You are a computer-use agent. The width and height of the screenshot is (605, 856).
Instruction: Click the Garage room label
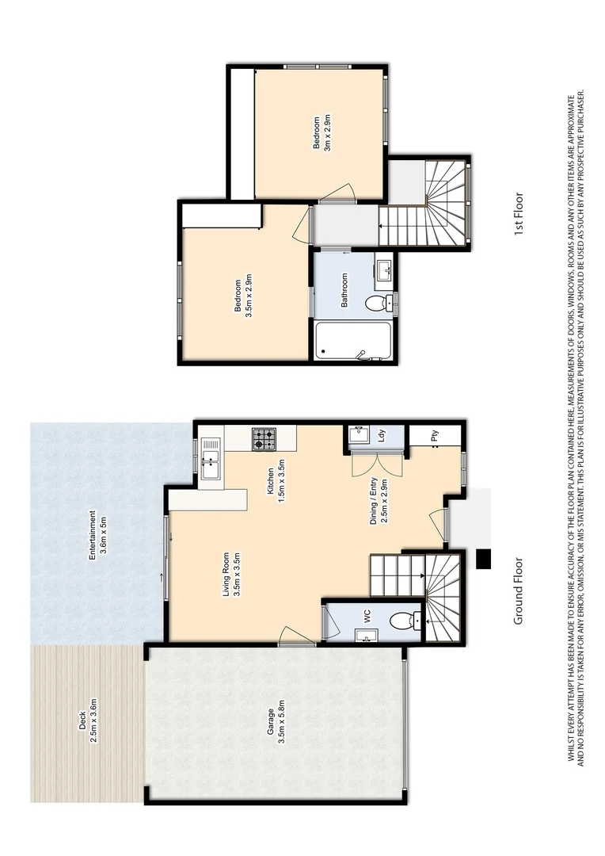pos(270,721)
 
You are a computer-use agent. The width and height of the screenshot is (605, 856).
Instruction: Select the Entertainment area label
pos(92,534)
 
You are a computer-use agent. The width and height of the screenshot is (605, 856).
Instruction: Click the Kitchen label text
pos(270,481)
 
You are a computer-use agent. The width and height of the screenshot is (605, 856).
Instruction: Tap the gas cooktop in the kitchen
pos(264,438)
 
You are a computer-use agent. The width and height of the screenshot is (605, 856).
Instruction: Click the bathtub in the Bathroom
pos(352,342)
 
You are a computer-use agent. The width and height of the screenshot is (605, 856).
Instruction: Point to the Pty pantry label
pos(435,435)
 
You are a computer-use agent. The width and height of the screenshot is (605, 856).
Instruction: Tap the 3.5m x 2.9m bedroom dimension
pos(248,297)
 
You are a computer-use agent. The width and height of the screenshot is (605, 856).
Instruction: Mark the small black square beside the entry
pos(484,560)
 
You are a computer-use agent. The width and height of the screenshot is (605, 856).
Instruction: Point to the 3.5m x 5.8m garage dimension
pos(281,721)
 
